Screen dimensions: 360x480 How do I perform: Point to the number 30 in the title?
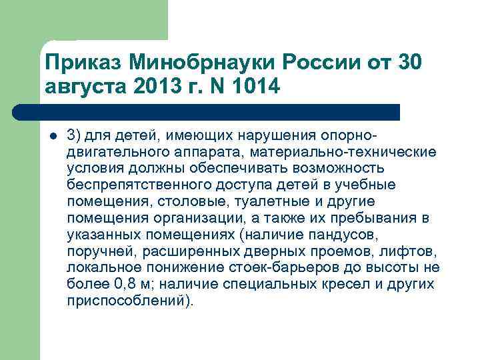(408, 65)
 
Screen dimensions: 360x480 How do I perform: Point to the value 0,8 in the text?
(127, 285)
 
